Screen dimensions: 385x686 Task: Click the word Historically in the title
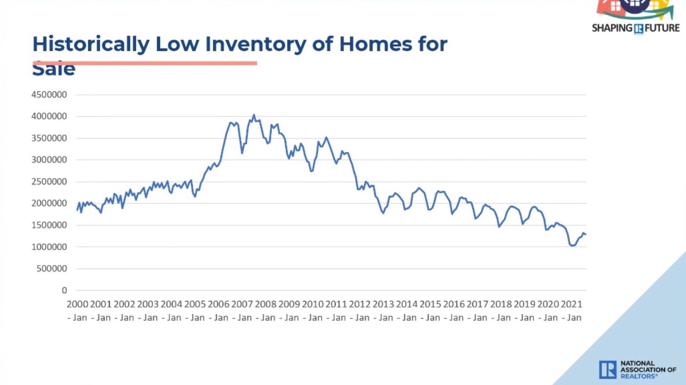91,44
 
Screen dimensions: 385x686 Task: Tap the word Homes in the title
375,44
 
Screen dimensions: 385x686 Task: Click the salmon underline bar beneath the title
145,63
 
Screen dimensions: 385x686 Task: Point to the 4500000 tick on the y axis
49,94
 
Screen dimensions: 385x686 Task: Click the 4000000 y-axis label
49,116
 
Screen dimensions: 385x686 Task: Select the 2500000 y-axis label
49,181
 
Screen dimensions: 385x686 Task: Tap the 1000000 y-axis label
49,247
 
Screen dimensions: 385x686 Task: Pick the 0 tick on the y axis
65,291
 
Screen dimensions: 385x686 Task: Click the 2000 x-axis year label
77,304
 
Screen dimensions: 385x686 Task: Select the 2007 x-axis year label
242,304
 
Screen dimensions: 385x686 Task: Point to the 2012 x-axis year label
360,304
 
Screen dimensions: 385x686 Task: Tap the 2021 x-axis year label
571,304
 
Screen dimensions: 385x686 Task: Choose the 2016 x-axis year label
454,304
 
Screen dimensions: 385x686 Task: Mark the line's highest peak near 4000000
254,115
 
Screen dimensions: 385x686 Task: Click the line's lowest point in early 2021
572,246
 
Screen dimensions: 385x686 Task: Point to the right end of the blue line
586,234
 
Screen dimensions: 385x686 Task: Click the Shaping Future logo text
635,28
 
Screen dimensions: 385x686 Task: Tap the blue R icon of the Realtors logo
608,369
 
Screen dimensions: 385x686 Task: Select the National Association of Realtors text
648,369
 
